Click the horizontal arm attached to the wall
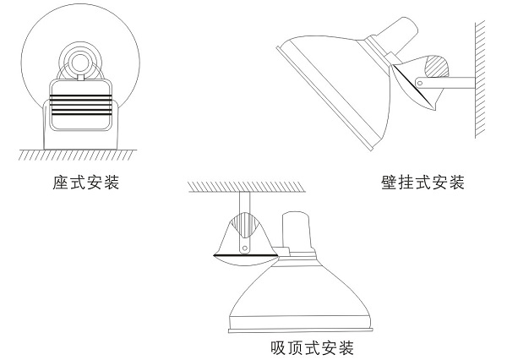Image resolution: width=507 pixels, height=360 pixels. coord(448,82)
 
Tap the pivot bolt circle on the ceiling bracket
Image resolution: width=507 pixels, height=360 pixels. coord(244,248)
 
